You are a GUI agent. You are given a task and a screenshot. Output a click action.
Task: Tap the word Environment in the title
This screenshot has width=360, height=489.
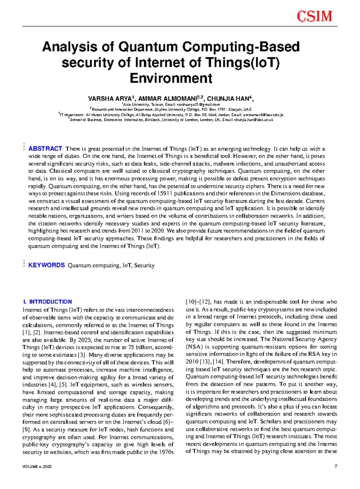click(171, 78)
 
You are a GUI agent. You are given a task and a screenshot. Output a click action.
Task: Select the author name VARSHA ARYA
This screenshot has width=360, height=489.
click(109, 99)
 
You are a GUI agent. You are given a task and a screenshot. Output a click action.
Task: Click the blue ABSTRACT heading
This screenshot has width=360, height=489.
click(45, 149)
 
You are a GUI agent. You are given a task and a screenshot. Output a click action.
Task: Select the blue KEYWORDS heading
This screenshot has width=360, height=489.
click(46, 265)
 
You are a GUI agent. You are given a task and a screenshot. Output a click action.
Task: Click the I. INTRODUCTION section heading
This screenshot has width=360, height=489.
click(47, 302)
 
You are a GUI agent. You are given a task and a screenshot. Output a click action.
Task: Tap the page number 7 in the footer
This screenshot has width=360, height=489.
click(336, 466)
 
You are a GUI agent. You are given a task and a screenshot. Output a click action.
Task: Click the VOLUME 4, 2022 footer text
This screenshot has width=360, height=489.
click(37, 467)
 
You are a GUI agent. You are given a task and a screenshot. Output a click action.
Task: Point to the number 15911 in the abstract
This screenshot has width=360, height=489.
click(165, 194)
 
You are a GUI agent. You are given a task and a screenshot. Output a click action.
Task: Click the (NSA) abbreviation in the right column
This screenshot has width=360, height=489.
click(194, 347)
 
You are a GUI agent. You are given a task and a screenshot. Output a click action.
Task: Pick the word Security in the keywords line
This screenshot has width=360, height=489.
click(144, 265)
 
